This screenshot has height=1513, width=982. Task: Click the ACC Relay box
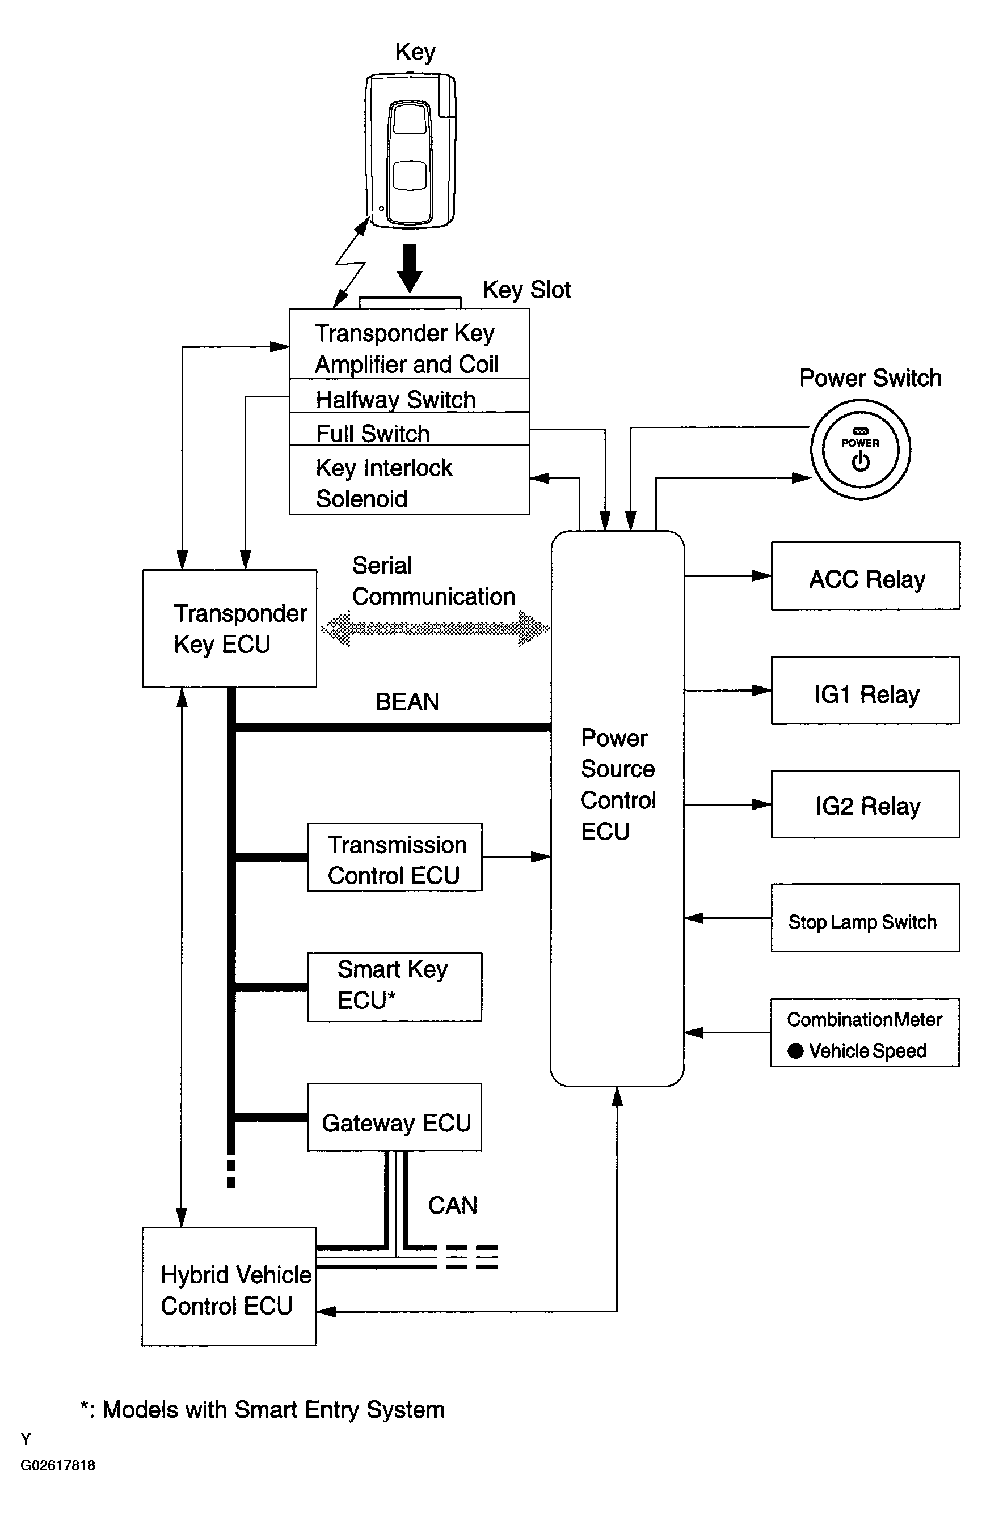865,576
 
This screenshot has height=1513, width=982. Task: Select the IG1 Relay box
865,690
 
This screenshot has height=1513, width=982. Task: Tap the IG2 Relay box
865,804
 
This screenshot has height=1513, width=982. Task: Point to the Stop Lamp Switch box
865,918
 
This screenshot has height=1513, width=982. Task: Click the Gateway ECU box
394,1117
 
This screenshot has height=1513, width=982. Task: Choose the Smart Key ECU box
394,988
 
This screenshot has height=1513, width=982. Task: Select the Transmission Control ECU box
394,857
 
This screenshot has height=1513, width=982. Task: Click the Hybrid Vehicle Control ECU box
229,1287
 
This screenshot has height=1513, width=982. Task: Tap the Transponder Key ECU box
230,628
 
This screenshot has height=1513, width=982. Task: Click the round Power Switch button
860,450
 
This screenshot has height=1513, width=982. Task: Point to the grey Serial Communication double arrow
435,629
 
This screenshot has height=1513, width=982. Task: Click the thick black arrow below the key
410,267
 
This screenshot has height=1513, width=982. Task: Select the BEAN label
407,702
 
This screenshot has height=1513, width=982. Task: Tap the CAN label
452,1205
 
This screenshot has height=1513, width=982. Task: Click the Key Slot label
526,290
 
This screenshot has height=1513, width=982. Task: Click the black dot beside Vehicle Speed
795,1051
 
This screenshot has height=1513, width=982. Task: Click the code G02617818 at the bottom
58,1465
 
